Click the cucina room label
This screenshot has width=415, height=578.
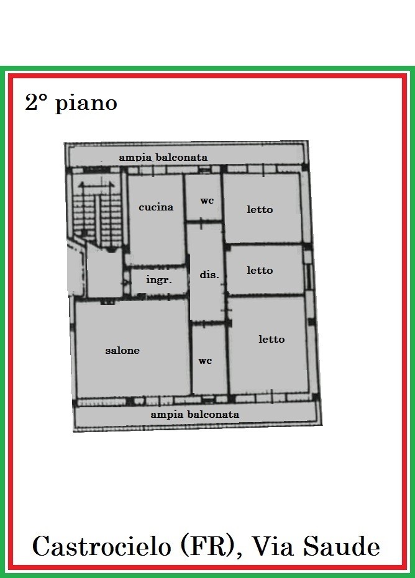tap(156, 207)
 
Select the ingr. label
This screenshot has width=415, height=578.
tap(159, 280)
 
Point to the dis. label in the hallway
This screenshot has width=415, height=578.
tap(209, 274)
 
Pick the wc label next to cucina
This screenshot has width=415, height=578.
tap(207, 201)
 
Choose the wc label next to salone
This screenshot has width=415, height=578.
tap(205, 361)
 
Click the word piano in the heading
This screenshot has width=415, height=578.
tap(86, 104)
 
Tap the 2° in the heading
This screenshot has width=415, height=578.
tap(36, 102)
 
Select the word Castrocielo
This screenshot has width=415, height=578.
tap(101, 546)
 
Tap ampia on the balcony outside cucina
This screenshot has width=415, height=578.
tap(135, 158)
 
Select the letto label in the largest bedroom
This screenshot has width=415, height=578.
tap(271, 339)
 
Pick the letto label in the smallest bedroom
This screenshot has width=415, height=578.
tap(260, 270)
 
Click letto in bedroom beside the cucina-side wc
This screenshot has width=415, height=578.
tap(260, 209)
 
